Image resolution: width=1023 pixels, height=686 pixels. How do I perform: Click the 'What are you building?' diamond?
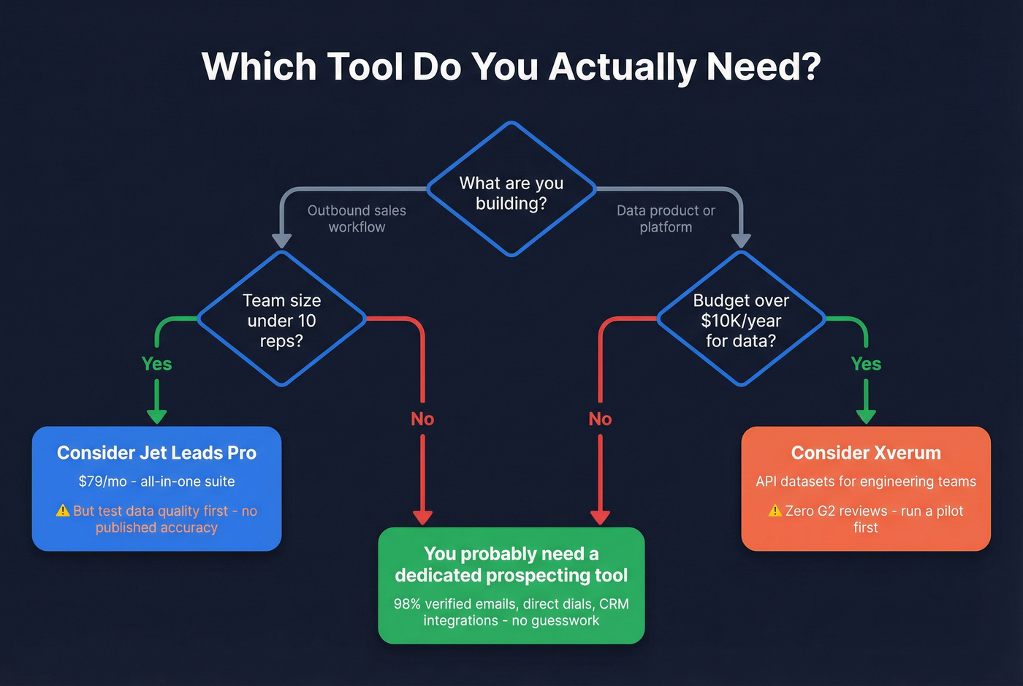tap(512, 190)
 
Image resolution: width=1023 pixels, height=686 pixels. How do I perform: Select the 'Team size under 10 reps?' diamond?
tap(281, 319)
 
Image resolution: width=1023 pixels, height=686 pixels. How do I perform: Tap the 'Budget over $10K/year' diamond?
tap(741, 319)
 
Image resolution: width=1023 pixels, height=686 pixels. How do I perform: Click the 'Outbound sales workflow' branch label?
tap(357, 218)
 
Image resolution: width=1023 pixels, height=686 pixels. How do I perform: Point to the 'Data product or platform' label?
tap(666, 218)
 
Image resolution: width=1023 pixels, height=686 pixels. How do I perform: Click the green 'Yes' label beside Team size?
tap(156, 364)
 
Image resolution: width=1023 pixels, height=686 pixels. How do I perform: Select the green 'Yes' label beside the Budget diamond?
tap(866, 364)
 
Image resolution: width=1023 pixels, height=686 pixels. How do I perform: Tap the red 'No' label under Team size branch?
tap(422, 419)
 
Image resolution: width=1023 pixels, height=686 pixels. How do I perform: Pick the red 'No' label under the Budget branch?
tap(600, 419)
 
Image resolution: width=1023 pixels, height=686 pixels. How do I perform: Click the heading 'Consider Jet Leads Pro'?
tap(156, 453)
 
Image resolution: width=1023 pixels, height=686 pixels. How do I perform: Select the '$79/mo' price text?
tap(102, 481)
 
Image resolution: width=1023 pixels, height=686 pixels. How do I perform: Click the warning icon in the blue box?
tap(64, 511)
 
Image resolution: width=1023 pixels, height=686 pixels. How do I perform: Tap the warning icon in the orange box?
tap(775, 511)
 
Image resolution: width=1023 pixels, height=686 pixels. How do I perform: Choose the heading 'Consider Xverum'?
tap(866, 453)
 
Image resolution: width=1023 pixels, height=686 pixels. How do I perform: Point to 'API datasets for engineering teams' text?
tap(866, 481)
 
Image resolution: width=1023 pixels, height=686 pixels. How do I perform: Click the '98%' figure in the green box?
tap(407, 604)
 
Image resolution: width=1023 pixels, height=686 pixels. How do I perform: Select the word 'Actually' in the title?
tap(622, 67)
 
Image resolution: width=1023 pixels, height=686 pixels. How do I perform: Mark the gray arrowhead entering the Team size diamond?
tap(282, 241)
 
